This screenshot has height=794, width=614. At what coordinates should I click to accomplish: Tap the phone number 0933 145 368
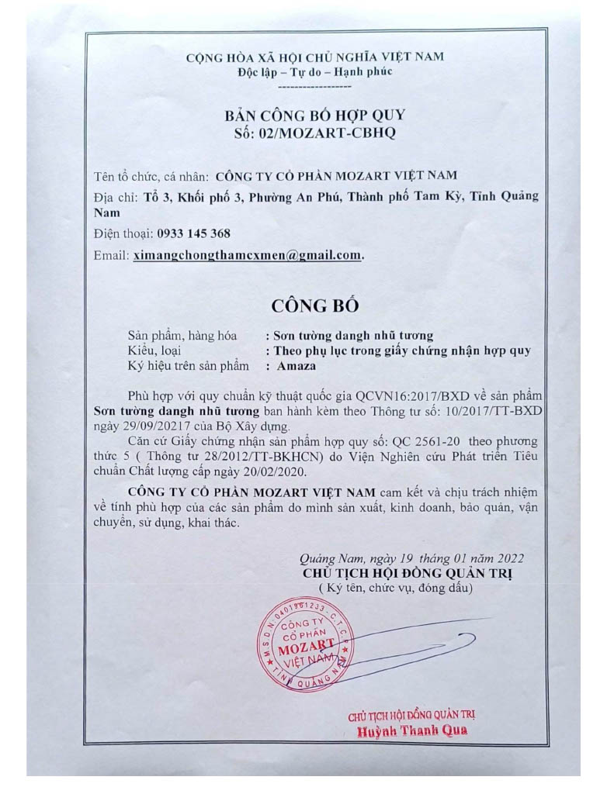pyautogui.click(x=193, y=233)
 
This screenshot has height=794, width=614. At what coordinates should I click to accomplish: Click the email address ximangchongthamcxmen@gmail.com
pyautogui.click(x=247, y=254)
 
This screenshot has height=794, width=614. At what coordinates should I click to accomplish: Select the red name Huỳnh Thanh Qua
pyautogui.click(x=412, y=731)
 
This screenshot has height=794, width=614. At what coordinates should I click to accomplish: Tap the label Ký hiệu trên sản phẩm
pyautogui.click(x=189, y=365)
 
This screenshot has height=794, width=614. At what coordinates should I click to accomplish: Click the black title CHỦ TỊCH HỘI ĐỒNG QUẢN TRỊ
pyautogui.click(x=408, y=574)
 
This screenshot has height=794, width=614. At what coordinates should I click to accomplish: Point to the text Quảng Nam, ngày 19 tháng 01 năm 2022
pyautogui.click(x=411, y=558)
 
